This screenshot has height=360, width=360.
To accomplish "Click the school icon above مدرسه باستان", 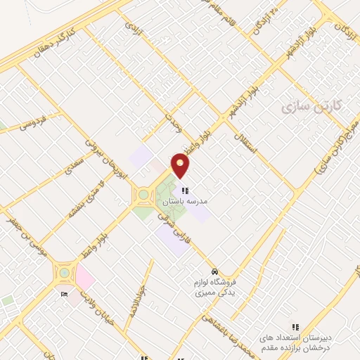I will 185,191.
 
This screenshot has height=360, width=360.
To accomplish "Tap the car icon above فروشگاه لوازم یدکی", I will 215,271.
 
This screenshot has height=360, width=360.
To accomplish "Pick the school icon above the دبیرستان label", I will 296,327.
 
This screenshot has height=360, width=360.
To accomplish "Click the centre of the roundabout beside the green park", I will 144,194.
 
